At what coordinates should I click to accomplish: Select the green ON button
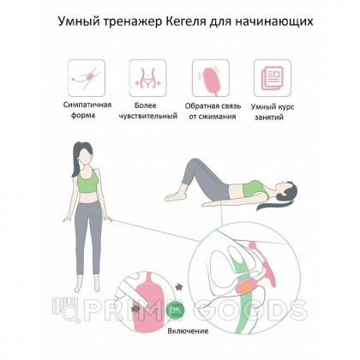(x=175, y=309)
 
